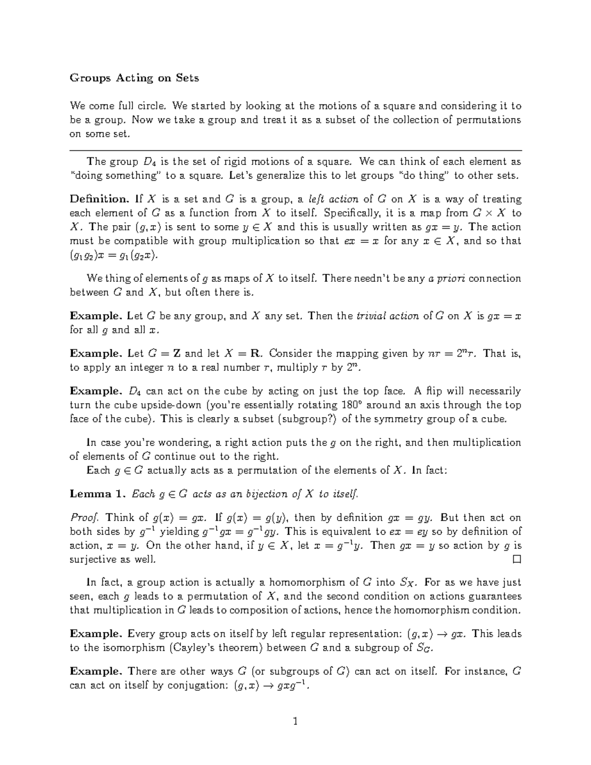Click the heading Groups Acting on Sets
tap(134, 78)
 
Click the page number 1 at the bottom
tap(295, 722)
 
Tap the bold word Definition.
tap(99, 199)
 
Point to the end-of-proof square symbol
tap(517, 560)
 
